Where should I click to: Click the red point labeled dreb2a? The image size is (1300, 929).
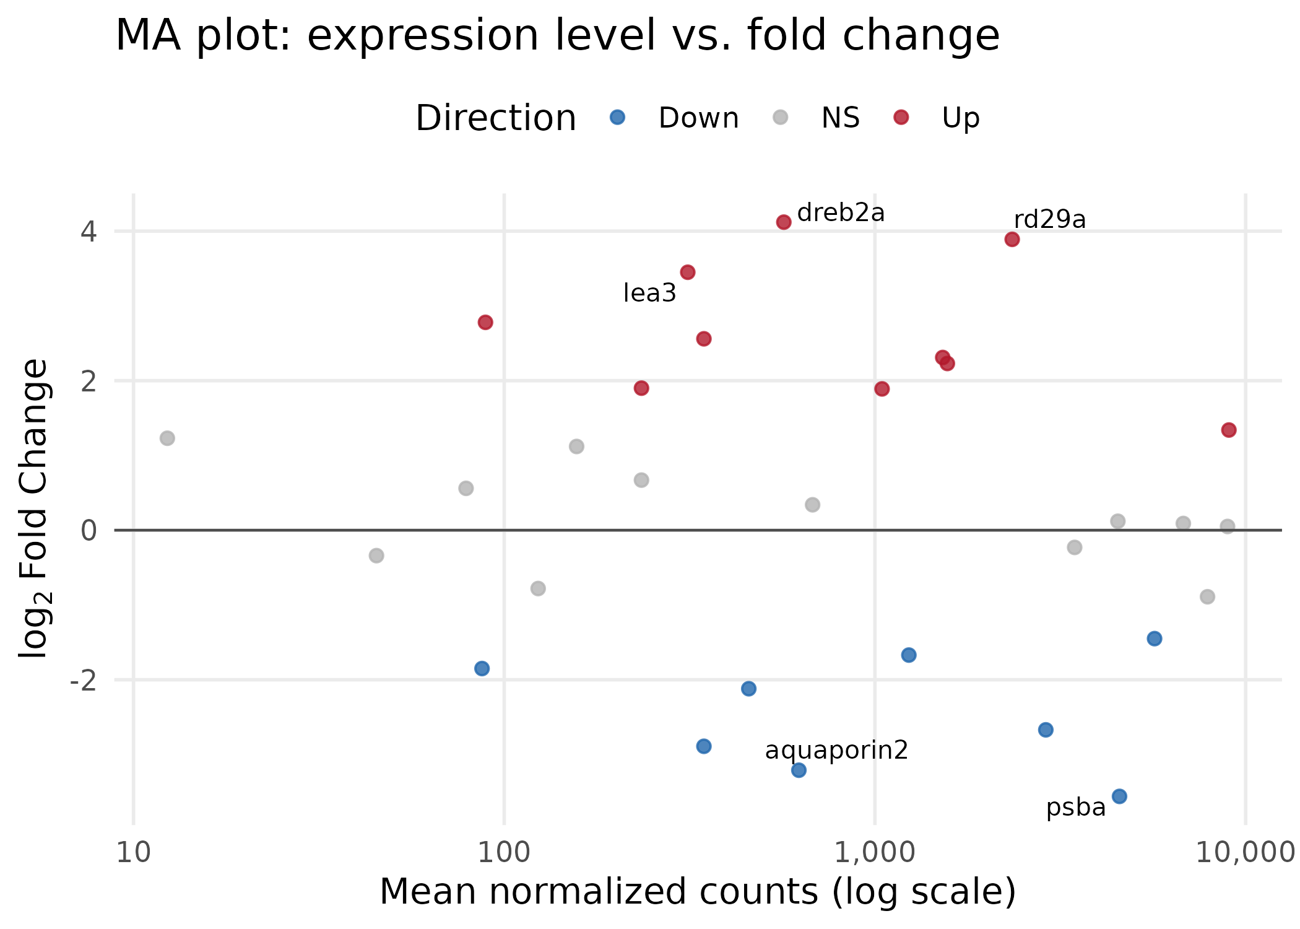pos(784,222)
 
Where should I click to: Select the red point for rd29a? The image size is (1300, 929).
pos(1012,239)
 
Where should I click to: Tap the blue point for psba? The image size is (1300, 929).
pos(1119,796)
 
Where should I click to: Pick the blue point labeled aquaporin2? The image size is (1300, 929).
pos(799,770)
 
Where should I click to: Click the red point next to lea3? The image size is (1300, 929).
pos(688,272)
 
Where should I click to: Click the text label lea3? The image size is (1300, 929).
pos(649,294)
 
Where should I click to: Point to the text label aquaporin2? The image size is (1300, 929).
pos(836,750)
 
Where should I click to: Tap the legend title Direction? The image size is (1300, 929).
pos(496,118)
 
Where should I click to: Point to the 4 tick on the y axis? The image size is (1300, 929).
pos(89,232)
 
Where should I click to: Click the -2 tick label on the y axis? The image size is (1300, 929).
pos(84,681)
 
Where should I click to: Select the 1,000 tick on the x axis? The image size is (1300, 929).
pos(874,853)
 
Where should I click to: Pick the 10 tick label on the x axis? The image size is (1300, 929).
pos(133,853)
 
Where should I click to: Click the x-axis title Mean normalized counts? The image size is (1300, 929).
pos(697,892)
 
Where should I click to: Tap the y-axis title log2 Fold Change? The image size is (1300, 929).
pos(34,508)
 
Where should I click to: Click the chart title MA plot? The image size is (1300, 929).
pos(557,35)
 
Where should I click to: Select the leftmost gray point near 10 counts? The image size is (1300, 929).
pos(167,438)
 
